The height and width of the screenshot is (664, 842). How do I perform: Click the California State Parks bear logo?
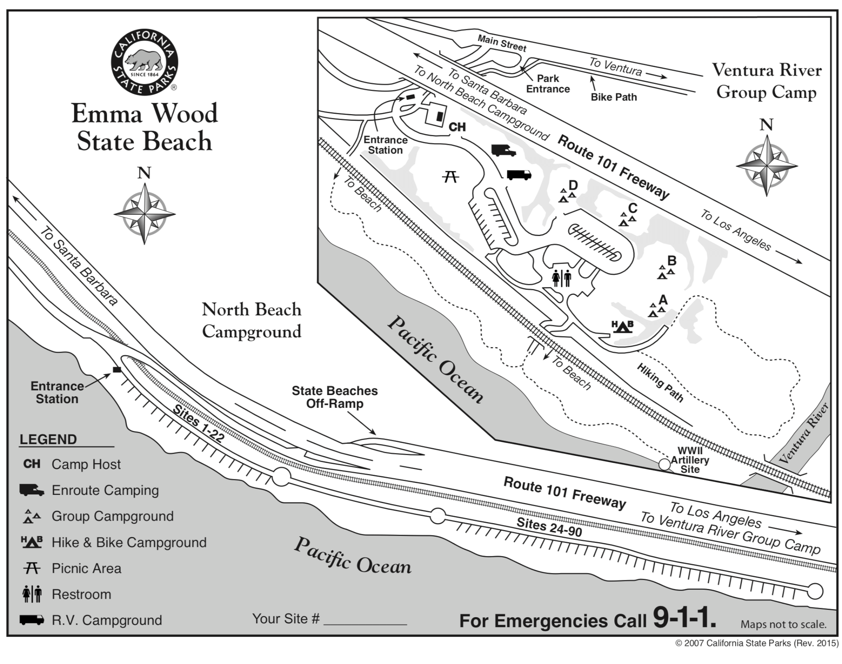pos(144,62)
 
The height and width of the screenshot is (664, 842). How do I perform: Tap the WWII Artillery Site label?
pos(690,460)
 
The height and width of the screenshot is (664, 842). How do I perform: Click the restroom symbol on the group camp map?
pos(562,278)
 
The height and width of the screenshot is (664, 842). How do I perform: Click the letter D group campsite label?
pos(573,186)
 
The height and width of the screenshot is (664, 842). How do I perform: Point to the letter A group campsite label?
pos(662,300)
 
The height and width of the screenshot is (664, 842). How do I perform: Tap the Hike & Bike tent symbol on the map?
pos(622,327)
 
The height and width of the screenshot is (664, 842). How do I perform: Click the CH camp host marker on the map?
pos(457,127)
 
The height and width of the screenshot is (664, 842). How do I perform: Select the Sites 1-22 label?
pos(198,424)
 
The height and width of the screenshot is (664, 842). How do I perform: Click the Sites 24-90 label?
pos(549,527)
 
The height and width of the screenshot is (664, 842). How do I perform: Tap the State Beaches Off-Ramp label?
pos(334,397)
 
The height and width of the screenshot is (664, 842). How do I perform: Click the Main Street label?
pos(502,43)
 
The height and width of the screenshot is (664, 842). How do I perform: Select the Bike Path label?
pos(613,97)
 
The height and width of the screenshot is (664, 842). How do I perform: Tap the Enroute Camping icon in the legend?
pos(32,490)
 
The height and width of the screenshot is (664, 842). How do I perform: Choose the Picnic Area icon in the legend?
pos(32,568)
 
